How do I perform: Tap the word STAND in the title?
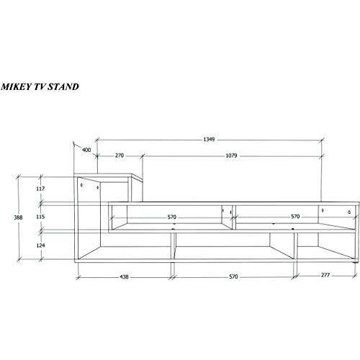(63, 86)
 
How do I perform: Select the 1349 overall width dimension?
(209, 139)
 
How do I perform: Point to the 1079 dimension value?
(231, 156)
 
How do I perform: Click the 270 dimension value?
(120, 156)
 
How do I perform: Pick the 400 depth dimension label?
(86, 150)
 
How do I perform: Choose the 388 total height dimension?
(18, 217)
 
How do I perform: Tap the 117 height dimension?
(40, 189)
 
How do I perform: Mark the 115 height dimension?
(40, 217)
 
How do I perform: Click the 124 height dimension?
(40, 246)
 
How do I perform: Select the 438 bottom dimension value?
(124, 276)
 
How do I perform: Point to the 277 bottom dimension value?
(325, 275)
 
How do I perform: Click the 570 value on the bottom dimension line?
(233, 276)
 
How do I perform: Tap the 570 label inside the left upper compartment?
(172, 217)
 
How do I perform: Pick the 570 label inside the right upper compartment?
(295, 217)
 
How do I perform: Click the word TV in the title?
(39, 86)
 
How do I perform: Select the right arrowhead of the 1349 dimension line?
(322, 140)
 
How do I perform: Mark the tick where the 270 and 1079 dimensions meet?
(143, 156)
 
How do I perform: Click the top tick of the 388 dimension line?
(18, 177)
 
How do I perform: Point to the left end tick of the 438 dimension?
(78, 278)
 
